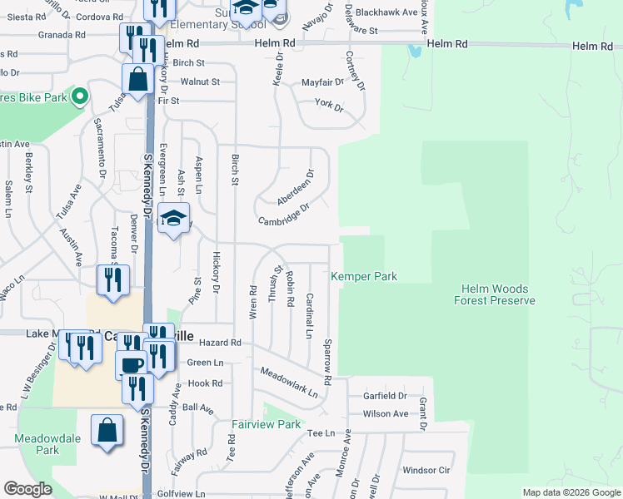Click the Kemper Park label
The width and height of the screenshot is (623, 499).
tap(364, 276)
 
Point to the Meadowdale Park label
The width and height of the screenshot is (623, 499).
tap(36, 443)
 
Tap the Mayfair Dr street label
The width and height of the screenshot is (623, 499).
tap(322, 82)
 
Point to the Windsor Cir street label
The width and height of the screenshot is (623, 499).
tap(425, 470)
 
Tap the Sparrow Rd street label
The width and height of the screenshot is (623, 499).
tap(328, 362)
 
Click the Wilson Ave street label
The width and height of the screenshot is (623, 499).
tap(385, 413)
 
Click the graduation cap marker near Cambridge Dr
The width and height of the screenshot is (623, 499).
tap(173, 219)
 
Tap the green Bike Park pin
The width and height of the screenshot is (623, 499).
tap(79, 97)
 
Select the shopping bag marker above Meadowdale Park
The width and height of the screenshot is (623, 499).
tap(107, 431)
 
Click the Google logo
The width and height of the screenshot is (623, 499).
tap(28, 490)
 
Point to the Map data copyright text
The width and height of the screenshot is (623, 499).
tap(572, 492)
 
